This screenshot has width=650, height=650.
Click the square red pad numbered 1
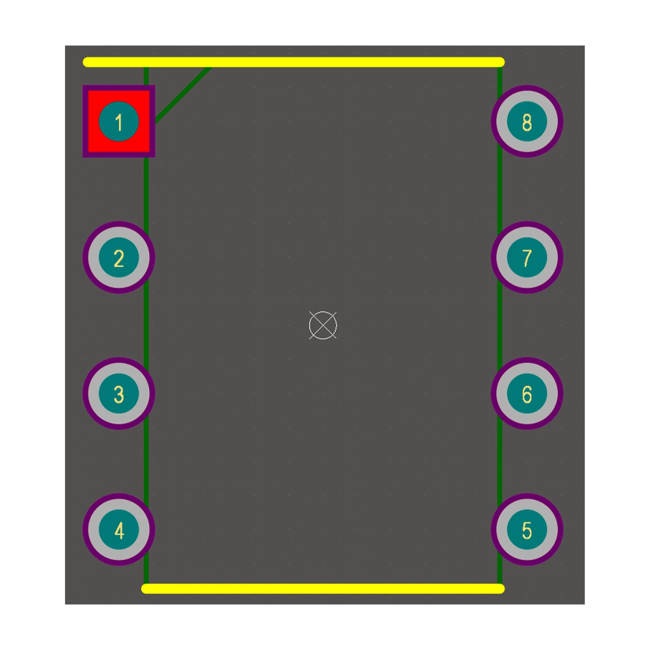pos(119,121)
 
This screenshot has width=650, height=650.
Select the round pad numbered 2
pos(119,257)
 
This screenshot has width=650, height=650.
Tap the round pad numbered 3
pos(119,393)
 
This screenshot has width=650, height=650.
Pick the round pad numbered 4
pos(119,530)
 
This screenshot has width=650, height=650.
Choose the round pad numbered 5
pos(527,530)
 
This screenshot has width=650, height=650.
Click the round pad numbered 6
pos(527,393)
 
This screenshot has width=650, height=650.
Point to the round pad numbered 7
pos(527,257)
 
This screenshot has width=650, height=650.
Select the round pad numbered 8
pos(527,121)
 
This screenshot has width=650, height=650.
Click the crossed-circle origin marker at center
pos(323,325)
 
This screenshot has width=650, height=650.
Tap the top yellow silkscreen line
pos(294,62)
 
